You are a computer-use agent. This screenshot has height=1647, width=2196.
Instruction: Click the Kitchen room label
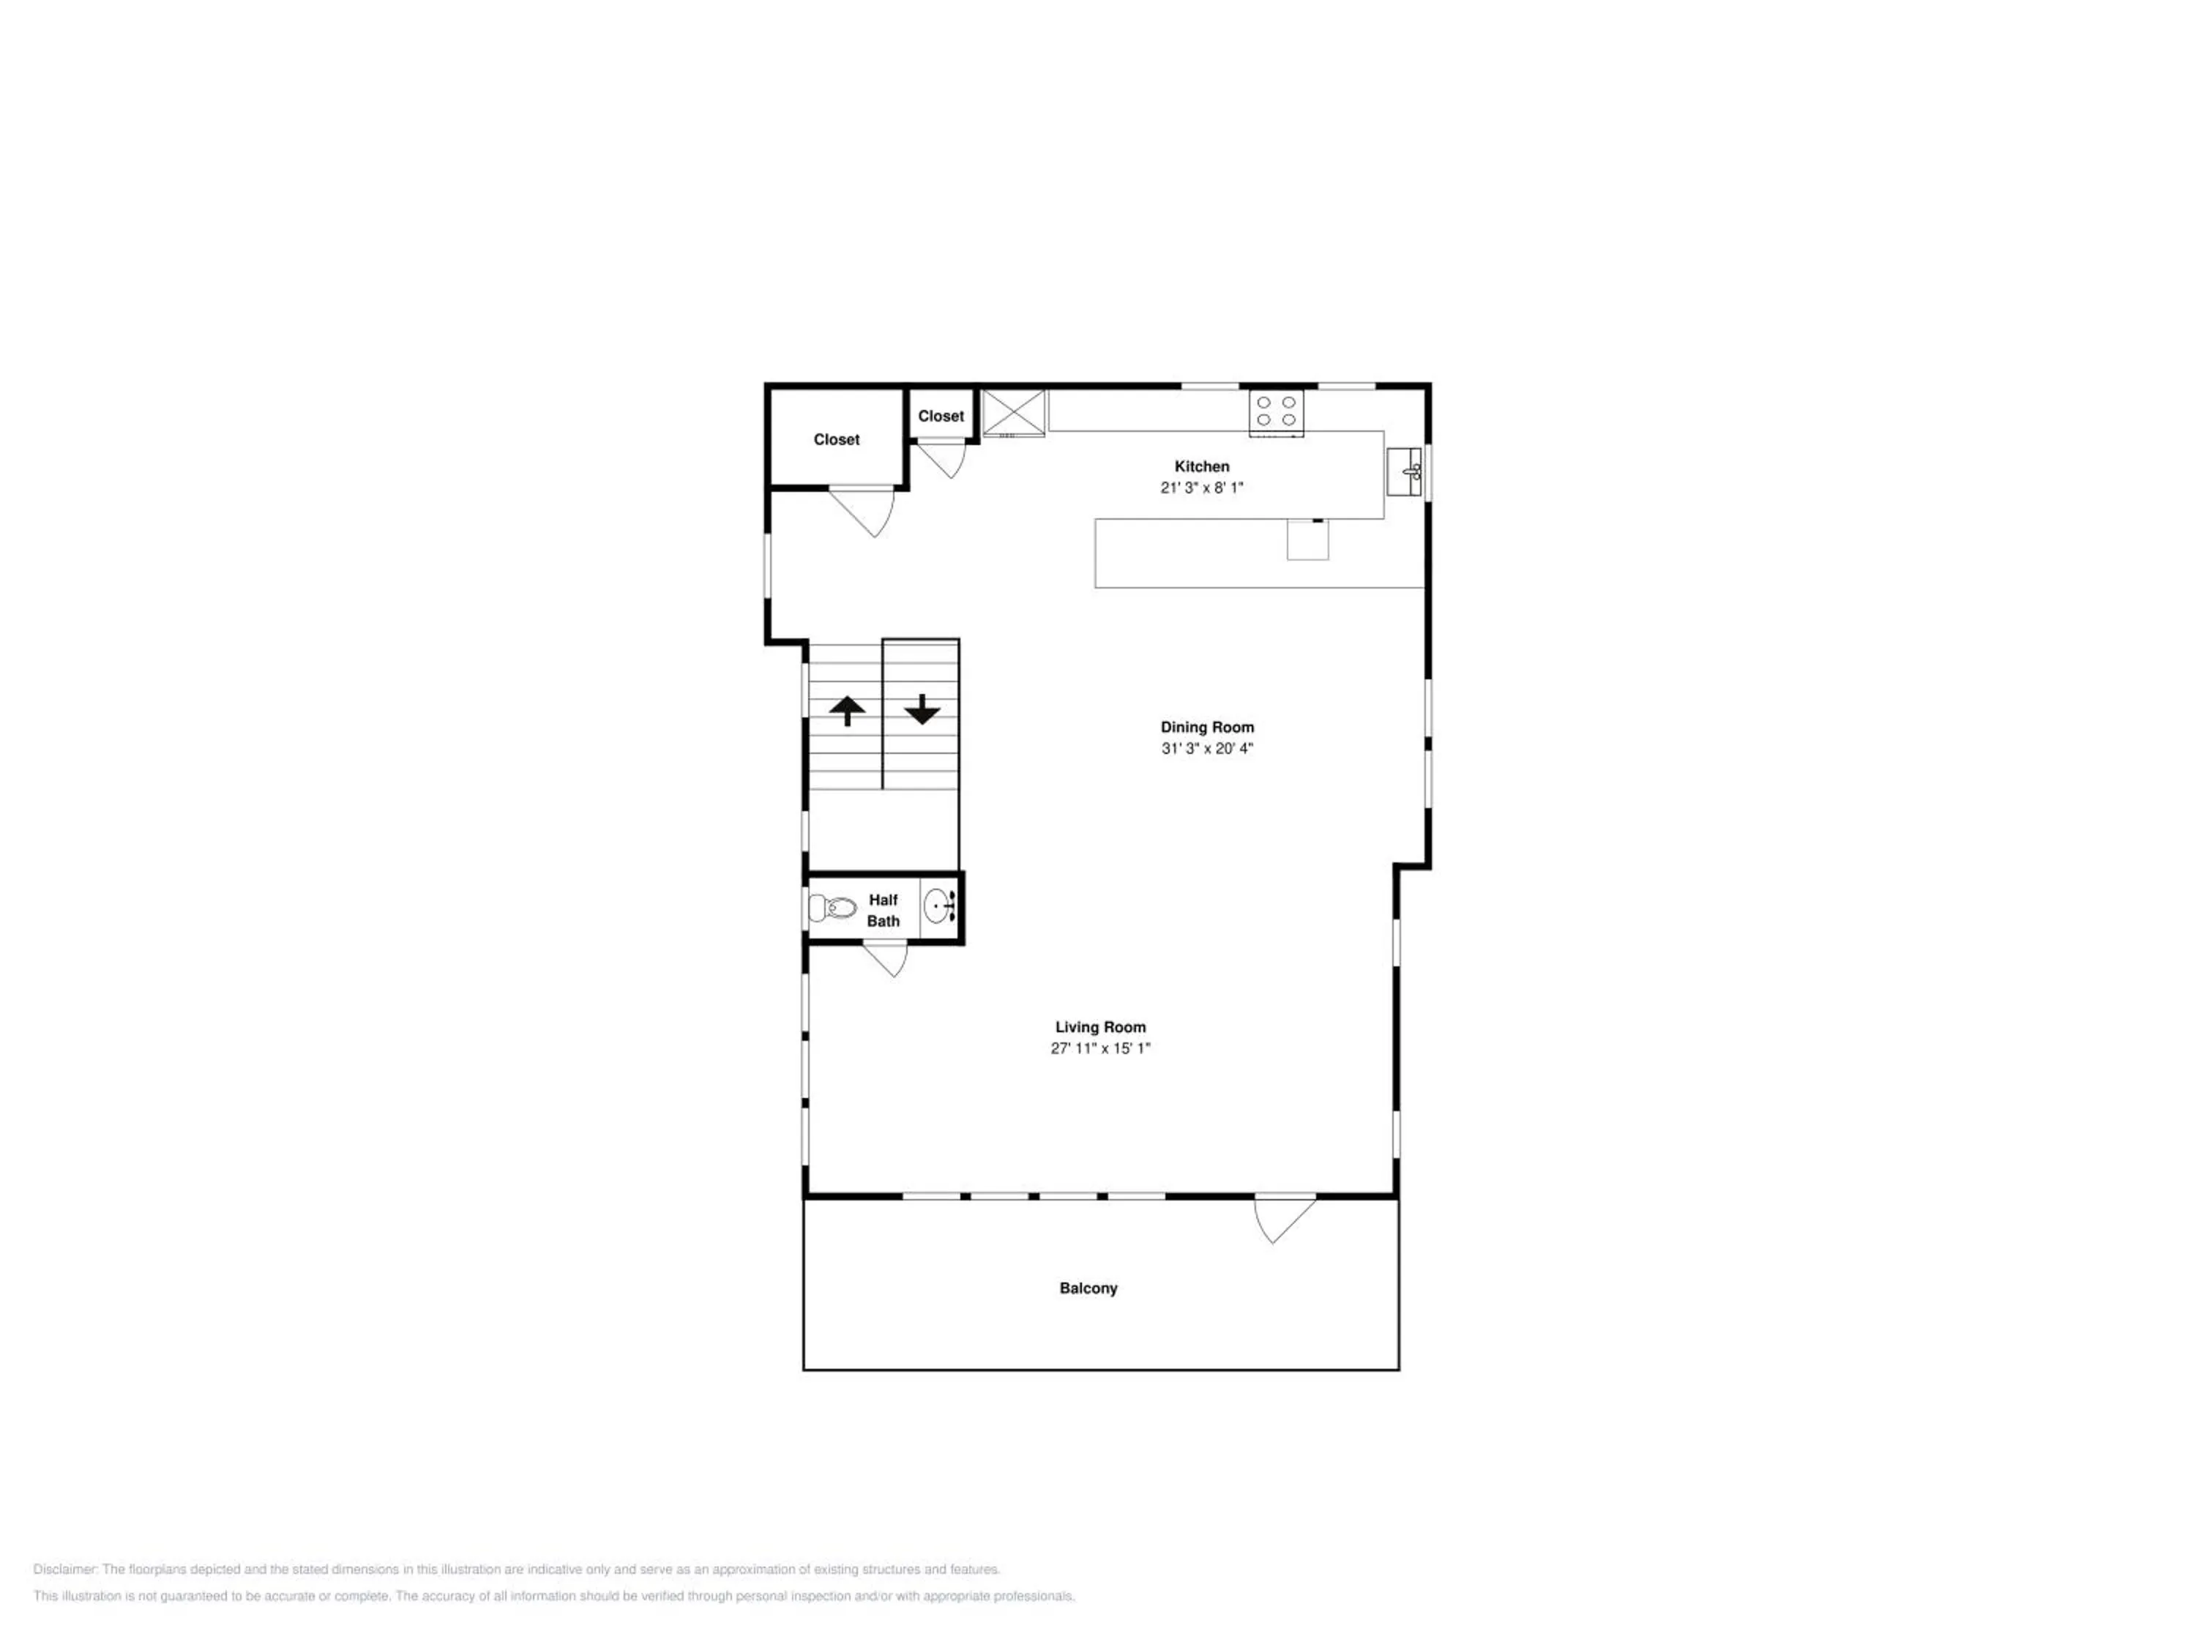(1201, 466)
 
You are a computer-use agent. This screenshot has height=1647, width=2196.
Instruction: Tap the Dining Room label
(1207, 728)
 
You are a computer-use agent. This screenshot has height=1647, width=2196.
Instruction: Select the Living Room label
(1100, 1028)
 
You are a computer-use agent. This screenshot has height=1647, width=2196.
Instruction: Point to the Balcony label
(1088, 1288)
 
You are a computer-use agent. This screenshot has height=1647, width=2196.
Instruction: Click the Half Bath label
(884, 911)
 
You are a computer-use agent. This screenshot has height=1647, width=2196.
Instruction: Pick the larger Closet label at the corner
(837, 440)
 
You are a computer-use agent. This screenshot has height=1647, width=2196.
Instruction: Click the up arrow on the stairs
(847, 711)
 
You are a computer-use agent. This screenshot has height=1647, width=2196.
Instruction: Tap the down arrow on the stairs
(922, 710)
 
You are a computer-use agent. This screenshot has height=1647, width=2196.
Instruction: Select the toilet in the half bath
(832, 908)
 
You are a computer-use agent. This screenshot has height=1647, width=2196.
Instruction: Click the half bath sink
(940, 906)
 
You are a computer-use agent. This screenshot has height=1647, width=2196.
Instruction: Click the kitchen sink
(1405, 471)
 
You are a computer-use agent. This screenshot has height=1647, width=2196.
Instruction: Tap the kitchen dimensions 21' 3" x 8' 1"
(1201, 488)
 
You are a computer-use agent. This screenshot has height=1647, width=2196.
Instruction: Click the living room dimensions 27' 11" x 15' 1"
(1100, 1048)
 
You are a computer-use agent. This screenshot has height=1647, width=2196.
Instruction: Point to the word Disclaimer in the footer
(66, 1569)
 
